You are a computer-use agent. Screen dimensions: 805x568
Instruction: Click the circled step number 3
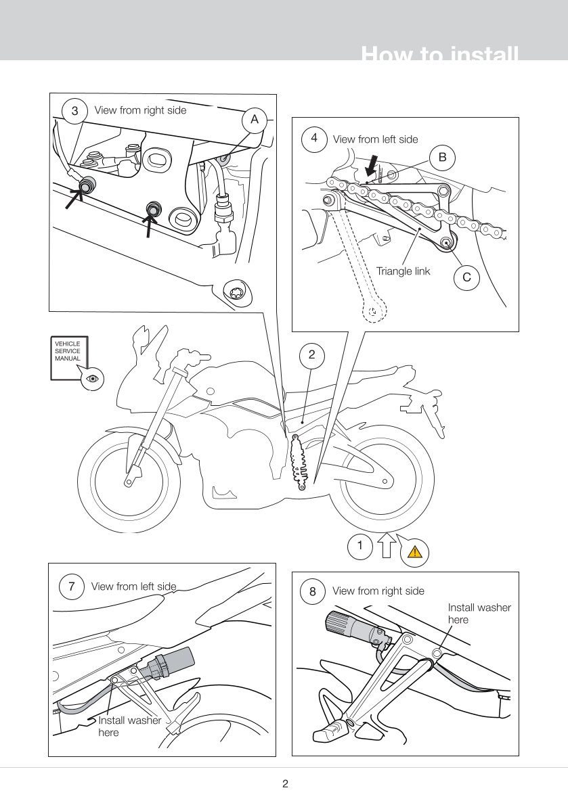click(x=74, y=111)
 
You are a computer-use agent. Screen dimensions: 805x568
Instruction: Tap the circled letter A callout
click(x=255, y=119)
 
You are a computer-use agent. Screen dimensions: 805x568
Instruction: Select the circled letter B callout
click(x=442, y=158)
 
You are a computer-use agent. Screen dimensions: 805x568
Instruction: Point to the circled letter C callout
click(x=466, y=277)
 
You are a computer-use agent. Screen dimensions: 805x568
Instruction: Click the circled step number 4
click(x=314, y=138)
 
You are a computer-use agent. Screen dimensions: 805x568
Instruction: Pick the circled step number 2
click(x=311, y=354)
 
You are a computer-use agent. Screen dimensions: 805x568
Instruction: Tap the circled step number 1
click(x=360, y=545)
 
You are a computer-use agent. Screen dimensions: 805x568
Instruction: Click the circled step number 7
click(x=72, y=586)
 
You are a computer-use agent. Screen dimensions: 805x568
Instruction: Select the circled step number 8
click(x=312, y=591)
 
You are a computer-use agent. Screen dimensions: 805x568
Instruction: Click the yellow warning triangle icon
click(x=415, y=552)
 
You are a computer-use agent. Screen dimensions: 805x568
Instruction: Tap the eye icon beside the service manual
click(x=93, y=379)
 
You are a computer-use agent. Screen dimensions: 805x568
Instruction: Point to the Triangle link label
click(x=403, y=271)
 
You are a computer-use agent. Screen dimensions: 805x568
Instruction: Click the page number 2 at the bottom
click(x=285, y=785)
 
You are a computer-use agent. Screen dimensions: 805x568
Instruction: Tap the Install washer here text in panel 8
click(x=479, y=614)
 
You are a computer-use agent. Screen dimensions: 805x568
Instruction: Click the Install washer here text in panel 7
click(x=129, y=726)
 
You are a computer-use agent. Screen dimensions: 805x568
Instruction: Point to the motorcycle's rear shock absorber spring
click(x=299, y=463)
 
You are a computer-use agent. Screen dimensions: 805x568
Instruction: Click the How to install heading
click(x=440, y=55)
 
